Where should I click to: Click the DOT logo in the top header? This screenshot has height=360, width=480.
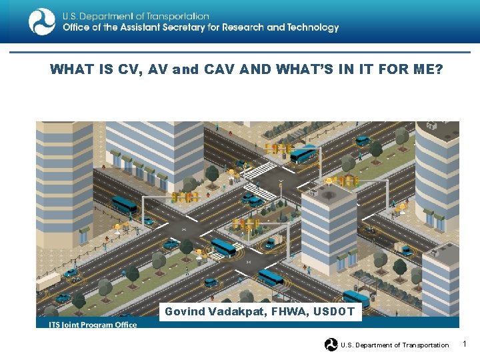(41, 21)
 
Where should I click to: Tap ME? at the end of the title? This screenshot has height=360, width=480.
(427, 69)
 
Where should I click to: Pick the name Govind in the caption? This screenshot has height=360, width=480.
(183, 311)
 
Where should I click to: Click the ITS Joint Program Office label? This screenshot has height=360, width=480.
(93, 325)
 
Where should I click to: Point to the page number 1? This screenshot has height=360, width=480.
(465, 344)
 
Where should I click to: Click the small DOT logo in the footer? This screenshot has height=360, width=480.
(331, 345)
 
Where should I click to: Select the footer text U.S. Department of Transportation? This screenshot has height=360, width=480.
(395, 345)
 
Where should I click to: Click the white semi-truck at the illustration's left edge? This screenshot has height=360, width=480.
(47, 281)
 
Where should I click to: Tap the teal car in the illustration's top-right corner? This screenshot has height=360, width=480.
(363, 141)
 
